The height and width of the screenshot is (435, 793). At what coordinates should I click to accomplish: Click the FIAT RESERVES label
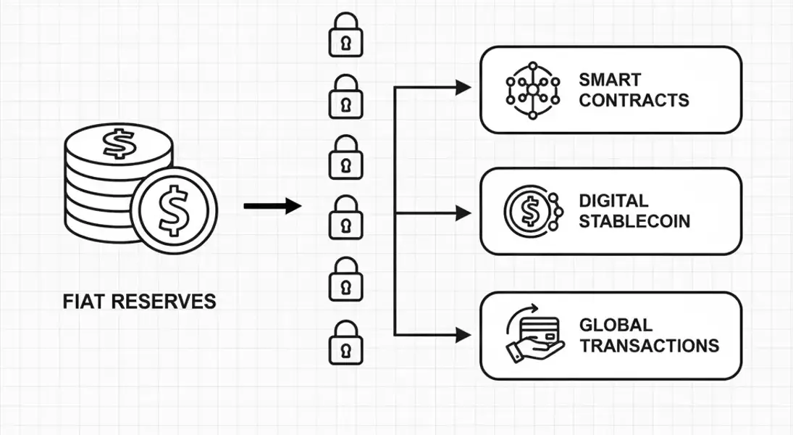140,301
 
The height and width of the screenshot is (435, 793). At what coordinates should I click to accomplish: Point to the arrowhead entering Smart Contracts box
463,88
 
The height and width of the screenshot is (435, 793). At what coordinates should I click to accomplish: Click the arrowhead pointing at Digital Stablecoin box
463,213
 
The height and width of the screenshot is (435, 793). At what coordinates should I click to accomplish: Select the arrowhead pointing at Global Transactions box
463,335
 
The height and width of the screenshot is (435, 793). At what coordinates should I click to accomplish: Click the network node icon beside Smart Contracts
533,89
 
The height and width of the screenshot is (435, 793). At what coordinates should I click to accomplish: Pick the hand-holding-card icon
533,335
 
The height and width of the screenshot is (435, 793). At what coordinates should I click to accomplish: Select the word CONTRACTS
634,100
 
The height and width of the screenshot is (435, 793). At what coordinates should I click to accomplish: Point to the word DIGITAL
613,201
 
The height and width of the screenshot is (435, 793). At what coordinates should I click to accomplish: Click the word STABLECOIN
635,221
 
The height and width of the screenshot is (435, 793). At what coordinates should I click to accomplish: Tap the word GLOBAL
616,325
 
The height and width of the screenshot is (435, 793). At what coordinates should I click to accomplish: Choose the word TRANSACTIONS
650,345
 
